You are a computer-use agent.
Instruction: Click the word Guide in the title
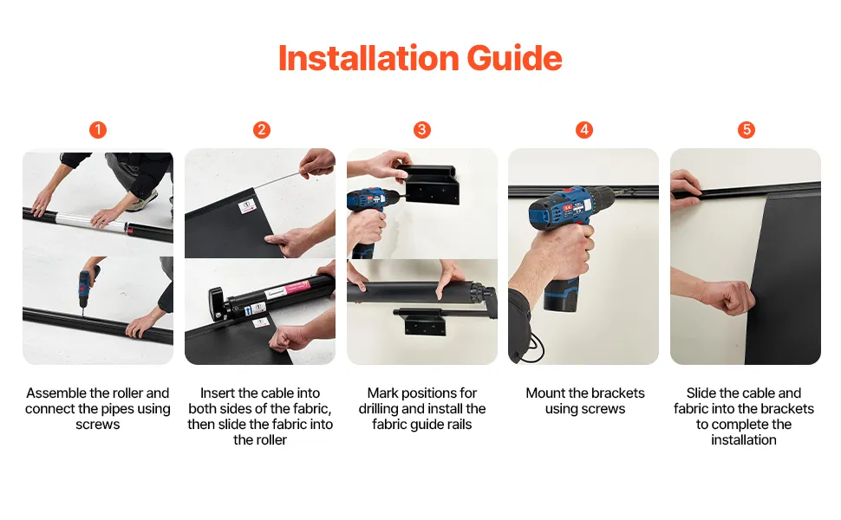[514, 58]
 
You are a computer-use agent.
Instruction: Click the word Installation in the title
[368, 58]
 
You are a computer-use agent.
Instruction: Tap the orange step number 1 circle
[98, 130]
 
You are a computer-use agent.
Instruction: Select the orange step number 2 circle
[261, 130]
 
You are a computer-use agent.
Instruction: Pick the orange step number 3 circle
[422, 130]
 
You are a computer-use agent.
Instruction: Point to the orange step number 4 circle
[584, 130]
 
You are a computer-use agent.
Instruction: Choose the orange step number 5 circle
[746, 130]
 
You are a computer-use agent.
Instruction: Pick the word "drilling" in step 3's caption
[379, 408]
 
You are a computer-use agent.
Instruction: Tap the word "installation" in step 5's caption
[744, 439]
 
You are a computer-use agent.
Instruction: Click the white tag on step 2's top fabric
[247, 206]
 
